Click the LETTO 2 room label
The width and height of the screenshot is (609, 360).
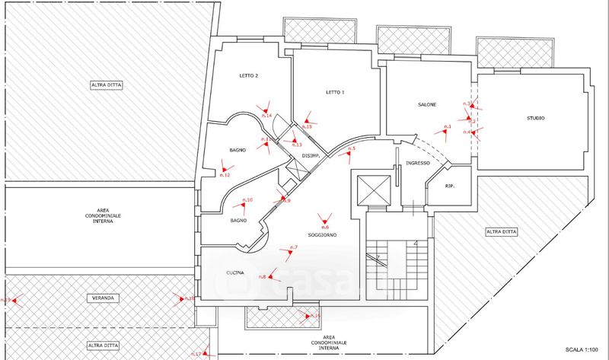click(249, 76)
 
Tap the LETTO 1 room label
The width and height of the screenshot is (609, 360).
click(335, 93)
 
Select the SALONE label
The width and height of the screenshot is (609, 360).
click(427, 104)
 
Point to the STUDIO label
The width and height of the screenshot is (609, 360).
click(537, 118)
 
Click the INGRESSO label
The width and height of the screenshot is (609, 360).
click(419, 164)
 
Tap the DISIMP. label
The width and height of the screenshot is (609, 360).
click(311, 156)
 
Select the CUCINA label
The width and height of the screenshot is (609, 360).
click(234, 273)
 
